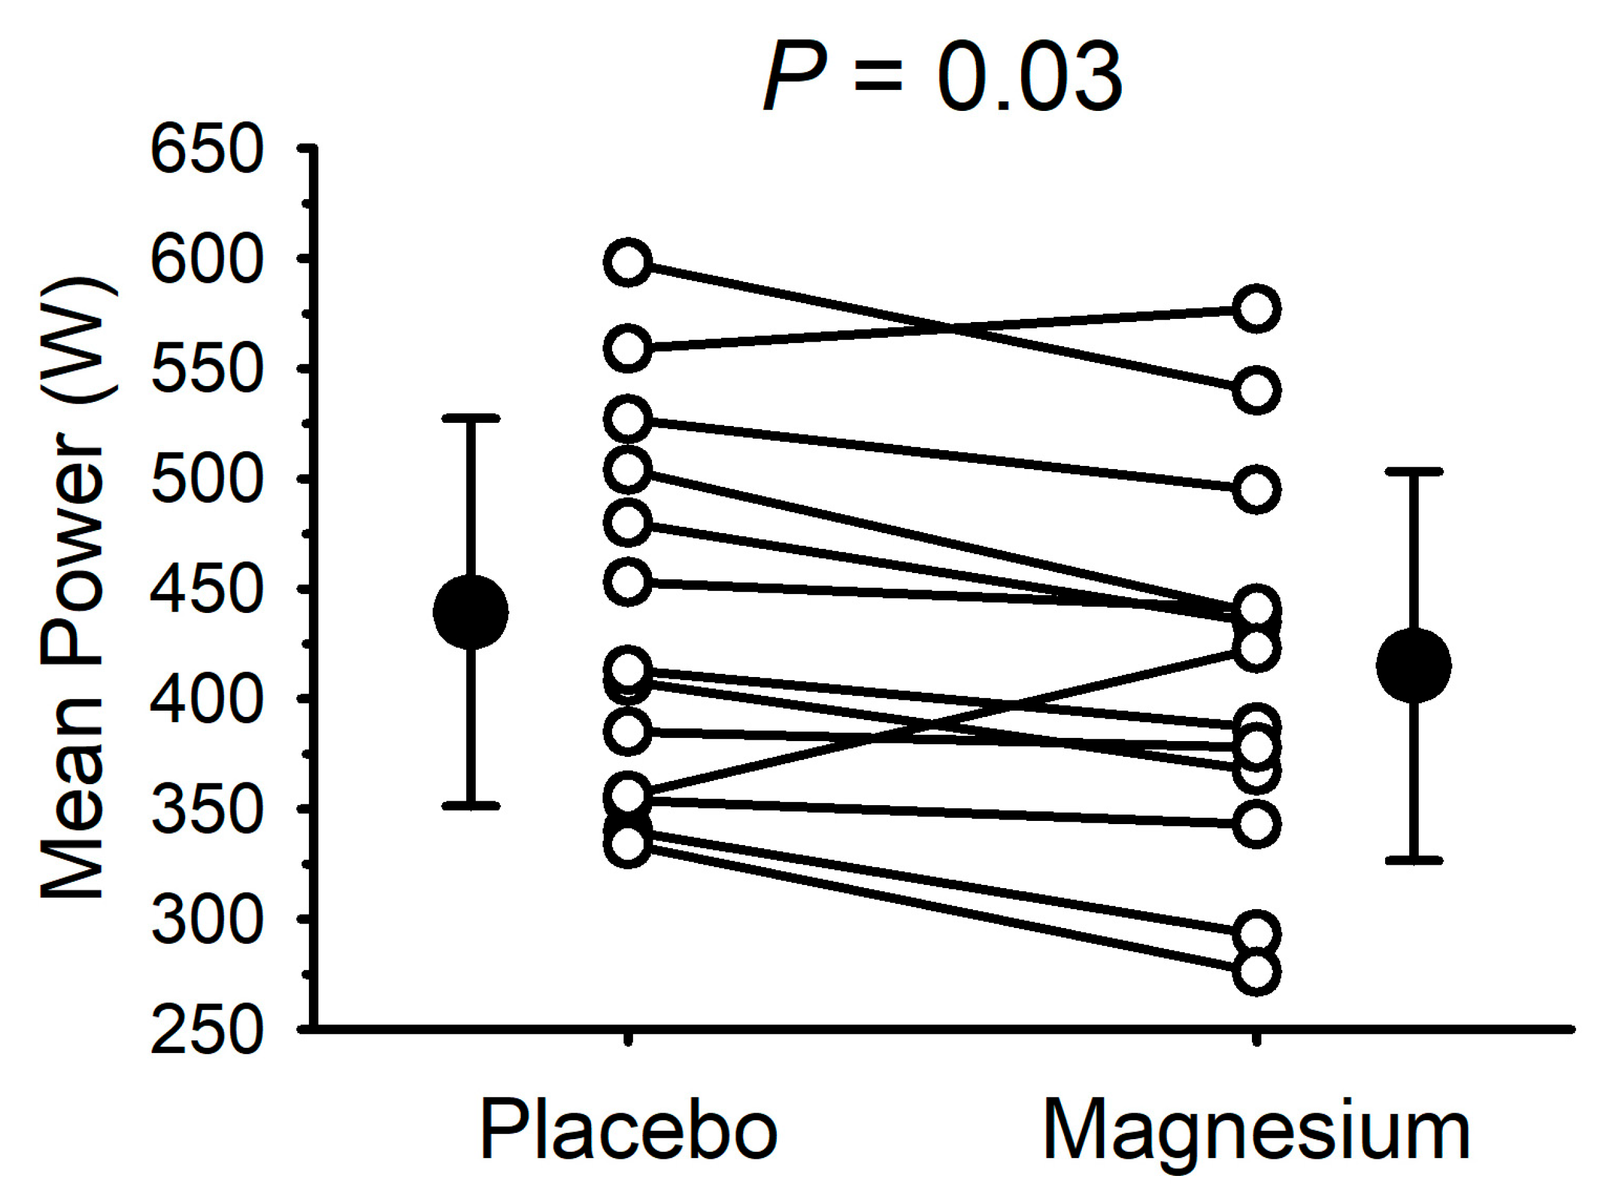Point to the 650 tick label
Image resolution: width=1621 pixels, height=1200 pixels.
click(x=205, y=150)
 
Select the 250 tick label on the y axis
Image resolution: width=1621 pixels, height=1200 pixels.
click(x=205, y=1029)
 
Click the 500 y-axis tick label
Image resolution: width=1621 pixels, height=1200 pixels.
click(x=205, y=479)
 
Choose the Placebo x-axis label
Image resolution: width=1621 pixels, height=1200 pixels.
click(x=628, y=1131)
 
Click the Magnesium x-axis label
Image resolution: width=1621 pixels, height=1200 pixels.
click(x=1256, y=1131)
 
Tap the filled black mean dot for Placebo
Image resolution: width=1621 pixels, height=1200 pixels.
click(x=470, y=612)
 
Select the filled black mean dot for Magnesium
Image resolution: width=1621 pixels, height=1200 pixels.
click(x=1414, y=666)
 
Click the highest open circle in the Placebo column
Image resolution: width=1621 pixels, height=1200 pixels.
click(x=628, y=262)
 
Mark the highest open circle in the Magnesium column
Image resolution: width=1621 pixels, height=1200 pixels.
click(x=1256, y=309)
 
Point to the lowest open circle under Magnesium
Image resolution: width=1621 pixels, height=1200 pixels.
click(x=1256, y=972)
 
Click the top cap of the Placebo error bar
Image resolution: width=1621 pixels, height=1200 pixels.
click(x=470, y=418)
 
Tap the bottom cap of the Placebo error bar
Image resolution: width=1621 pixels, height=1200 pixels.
click(x=470, y=806)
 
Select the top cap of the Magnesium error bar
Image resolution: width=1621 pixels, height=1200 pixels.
click(x=1414, y=472)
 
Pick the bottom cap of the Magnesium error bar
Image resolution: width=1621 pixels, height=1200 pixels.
click(x=1414, y=860)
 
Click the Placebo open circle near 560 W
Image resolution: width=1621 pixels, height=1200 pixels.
click(x=628, y=349)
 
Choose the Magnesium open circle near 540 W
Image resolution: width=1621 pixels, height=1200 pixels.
click(x=1256, y=390)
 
